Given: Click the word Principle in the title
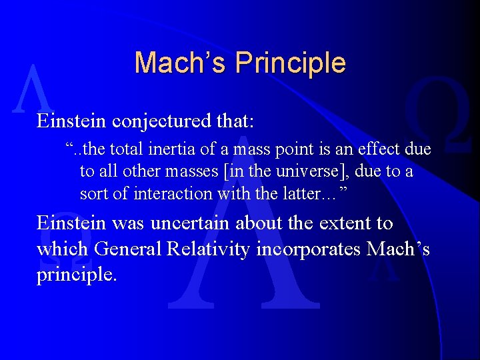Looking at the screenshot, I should pyautogui.click(x=291, y=63).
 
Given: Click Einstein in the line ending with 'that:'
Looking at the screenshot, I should pyautogui.click(x=72, y=122).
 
